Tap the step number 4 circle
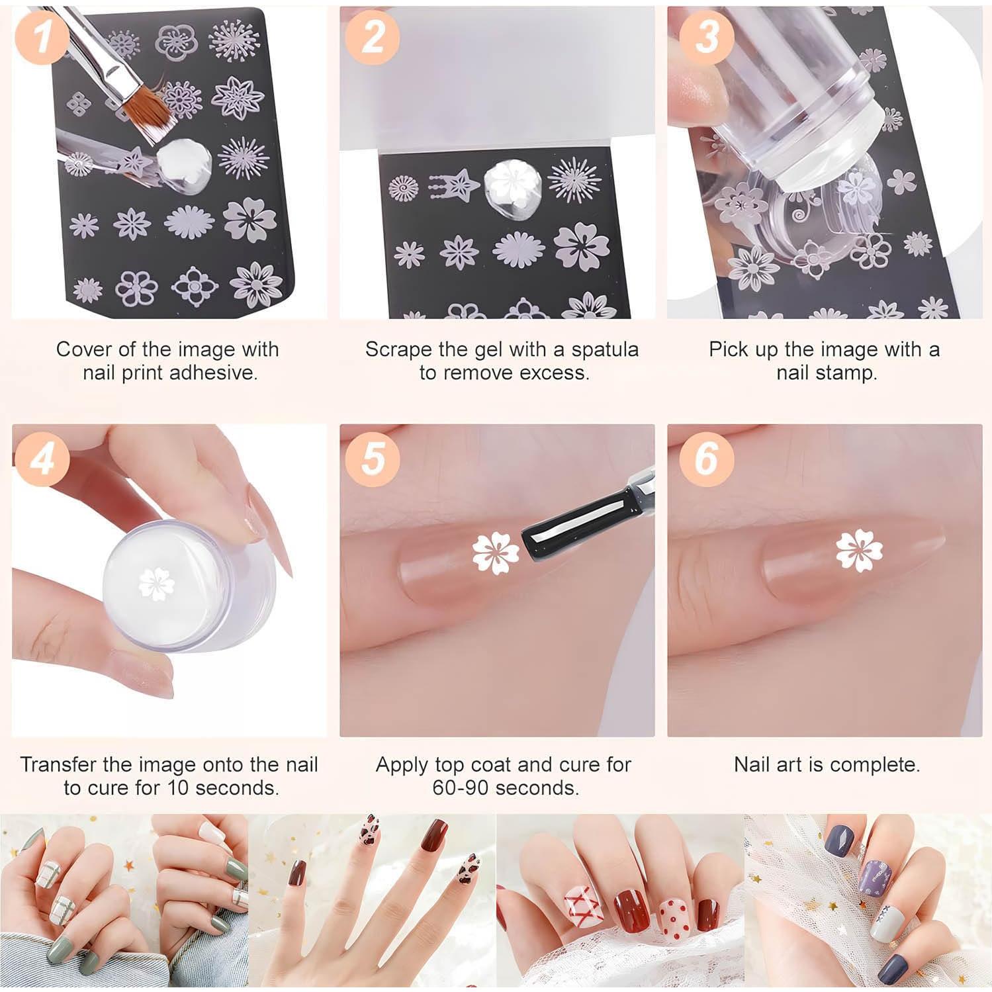point(41,458)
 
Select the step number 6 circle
point(707,458)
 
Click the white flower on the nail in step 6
point(858,550)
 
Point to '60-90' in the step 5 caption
point(461,788)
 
